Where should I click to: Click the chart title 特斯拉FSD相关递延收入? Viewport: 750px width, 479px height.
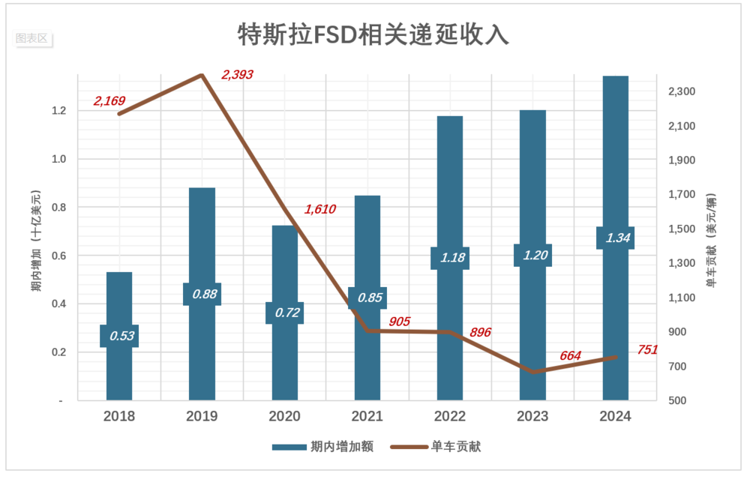coord(373,34)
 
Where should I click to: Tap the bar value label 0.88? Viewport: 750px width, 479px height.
coord(202,294)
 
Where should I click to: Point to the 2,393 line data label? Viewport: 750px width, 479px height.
coord(237,75)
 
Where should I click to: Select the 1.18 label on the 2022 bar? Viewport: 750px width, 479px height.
coord(450,258)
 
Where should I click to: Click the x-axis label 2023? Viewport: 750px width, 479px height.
coord(532,416)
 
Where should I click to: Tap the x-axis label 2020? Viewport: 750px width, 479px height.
coord(284,416)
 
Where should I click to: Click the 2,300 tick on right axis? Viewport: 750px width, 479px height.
coord(682,91)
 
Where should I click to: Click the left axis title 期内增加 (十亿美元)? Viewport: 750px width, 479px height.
coord(35,241)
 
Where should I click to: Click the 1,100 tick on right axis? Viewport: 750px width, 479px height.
coord(682,298)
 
